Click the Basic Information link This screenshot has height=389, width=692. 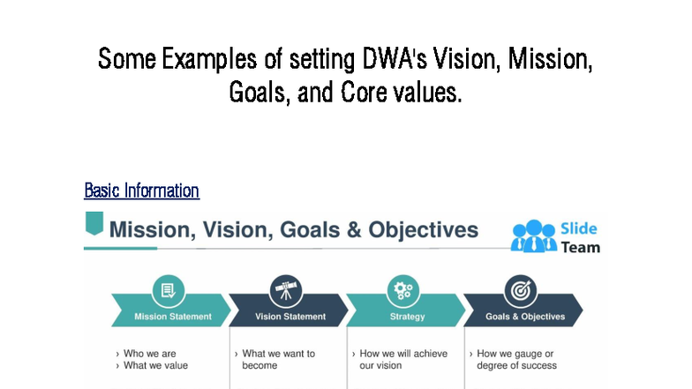coord(141,191)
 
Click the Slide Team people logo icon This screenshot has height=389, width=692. coord(532,236)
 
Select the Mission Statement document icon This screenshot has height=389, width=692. coord(168,290)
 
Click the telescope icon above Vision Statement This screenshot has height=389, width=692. coord(285,290)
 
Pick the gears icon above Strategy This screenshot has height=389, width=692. coord(402,290)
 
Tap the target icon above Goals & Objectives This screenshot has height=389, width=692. coord(520,290)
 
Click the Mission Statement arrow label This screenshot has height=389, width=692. coord(172,317)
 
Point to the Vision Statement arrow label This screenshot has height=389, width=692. coord(290,317)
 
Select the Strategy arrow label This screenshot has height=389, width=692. coord(407,317)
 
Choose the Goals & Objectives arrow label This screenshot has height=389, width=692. coord(524,317)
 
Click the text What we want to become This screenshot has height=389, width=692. coord(278,359)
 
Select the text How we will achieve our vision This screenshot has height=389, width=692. coord(402,359)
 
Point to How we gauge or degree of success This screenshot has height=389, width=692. coord(516,359)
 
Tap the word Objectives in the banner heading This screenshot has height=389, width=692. coord(423,230)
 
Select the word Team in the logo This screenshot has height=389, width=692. coord(580,247)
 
